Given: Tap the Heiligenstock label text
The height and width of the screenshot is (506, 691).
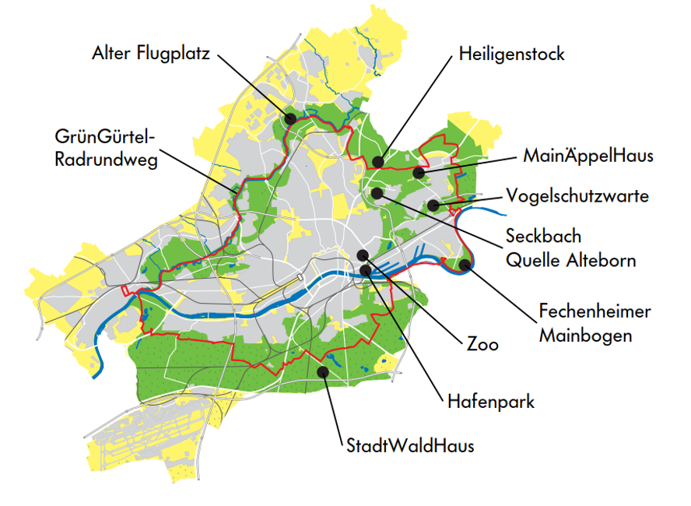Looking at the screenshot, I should coord(511,54).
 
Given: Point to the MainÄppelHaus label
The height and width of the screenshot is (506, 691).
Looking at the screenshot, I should coord(588,156).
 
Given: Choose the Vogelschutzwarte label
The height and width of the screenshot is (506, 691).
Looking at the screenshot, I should coord(577,195).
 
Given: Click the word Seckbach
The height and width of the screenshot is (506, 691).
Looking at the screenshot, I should coord(543,235).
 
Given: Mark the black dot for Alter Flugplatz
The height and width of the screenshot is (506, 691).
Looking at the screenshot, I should coord(290,119).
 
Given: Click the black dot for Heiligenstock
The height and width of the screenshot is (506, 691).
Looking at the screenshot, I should coord(377,162).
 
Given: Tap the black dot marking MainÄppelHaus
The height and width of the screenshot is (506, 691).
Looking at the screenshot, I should coord(419,172).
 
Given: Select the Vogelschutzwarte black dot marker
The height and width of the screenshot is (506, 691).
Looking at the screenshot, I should coord(433,205).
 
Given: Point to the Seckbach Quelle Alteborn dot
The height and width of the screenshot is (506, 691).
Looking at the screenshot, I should coord(377,192).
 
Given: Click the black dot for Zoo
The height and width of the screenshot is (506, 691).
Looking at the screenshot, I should coord(363,255).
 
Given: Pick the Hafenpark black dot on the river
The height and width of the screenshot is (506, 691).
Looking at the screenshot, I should coord(366,270).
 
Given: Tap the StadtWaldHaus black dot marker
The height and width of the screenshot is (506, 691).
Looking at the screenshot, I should coord(323,372).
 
